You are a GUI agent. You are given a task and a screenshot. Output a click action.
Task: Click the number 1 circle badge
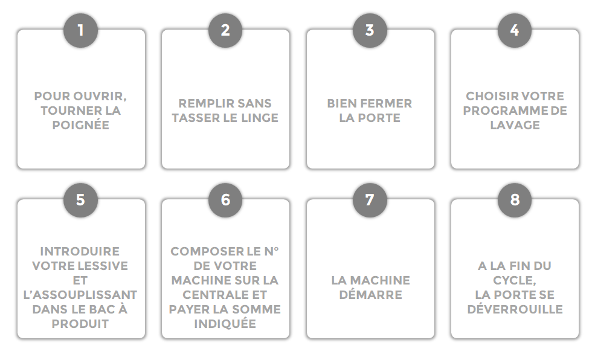coord(80,30)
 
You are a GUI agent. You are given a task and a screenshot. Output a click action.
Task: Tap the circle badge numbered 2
coord(225,30)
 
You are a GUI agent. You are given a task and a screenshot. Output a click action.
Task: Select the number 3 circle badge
coord(370,30)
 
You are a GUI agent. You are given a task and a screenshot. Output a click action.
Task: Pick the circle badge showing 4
coord(515,30)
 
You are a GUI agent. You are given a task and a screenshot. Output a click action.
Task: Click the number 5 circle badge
coord(80,200)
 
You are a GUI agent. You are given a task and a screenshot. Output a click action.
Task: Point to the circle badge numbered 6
coord(225,200)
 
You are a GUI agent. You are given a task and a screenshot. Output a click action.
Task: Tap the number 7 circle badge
coord(370,200)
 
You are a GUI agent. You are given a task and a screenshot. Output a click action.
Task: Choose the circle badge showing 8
coord(515,200)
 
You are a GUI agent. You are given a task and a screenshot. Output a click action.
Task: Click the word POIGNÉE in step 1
coord(81,124)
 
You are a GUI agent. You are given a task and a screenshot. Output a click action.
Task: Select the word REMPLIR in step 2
coord(201,103)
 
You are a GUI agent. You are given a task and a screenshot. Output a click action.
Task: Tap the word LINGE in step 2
coord(259,118)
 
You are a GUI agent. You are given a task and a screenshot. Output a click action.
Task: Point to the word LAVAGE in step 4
coord(515,125)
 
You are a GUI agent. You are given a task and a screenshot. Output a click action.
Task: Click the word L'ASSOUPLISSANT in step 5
coord(80,295)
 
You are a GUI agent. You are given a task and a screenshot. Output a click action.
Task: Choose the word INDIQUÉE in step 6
coord(225,323)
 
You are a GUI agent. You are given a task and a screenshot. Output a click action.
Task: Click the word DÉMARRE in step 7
coord(370,294)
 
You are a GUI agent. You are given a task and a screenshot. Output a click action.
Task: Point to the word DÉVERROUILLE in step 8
coord(515,309)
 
